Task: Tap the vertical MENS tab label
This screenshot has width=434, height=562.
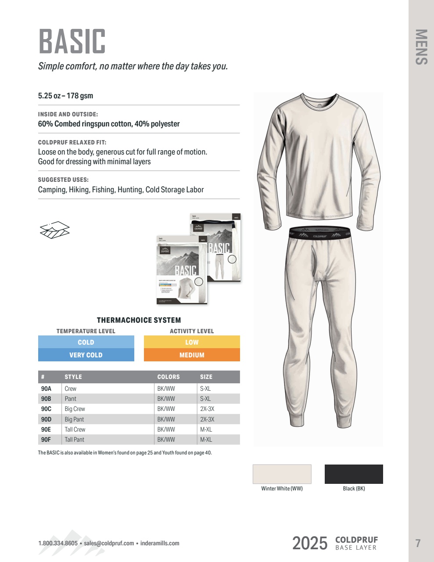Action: tap(421, 47)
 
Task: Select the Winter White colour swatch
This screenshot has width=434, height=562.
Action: tap(282, 474)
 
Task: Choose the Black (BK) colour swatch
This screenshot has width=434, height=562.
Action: tap(354, 474)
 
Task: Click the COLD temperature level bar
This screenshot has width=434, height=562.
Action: tap(86, 342)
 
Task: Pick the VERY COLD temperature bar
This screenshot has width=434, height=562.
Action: tap(86, 355)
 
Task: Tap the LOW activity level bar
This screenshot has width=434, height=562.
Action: tap(192, 342)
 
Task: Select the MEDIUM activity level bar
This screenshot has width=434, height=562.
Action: tap(192, 355)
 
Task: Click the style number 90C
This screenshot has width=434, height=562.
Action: tap(46, 409)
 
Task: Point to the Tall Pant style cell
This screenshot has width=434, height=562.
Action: tap(75, 440)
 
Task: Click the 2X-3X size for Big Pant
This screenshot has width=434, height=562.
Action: tap(207, 419)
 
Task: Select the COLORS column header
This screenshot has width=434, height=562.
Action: tap(169, 377)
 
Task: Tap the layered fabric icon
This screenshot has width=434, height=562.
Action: tap(55, 230)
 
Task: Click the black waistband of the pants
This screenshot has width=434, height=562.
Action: tap(319, 233)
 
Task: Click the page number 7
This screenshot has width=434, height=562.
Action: tap(418, 543)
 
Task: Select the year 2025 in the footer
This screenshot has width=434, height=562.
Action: tap(310, 544)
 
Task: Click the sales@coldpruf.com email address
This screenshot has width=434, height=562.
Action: tap(109, 543)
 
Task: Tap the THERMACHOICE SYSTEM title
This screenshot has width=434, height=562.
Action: tap(139, 321)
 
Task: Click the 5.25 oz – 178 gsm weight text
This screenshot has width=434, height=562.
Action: tap(65, 96)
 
